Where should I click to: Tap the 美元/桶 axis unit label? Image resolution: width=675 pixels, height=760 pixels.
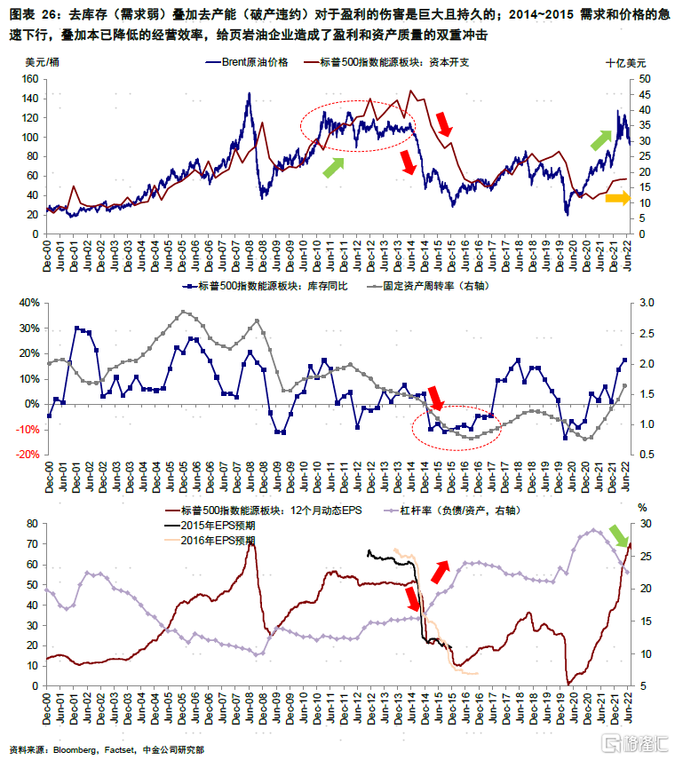(x=43, y=64)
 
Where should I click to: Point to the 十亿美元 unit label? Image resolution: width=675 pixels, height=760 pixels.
(x=626, y=64)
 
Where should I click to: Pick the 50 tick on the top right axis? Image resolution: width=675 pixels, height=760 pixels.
(x=644, y=79)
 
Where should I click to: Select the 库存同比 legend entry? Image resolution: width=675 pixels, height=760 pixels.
(x=267, y=287)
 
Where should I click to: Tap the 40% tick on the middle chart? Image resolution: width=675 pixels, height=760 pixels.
(x=29, y=303)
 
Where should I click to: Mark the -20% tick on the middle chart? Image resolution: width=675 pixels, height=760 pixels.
(x=28, y=454)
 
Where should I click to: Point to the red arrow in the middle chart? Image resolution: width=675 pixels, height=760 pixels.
(x=434, y=398)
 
